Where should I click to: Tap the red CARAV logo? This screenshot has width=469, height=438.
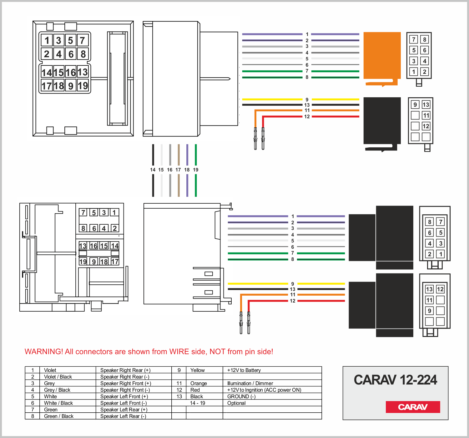[x=413, y=407]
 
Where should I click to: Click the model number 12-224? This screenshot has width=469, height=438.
[x=418, y=380]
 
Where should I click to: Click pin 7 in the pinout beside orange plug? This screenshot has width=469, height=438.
[x=414, y=39]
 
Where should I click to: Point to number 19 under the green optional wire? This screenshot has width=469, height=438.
[x=196, y=170]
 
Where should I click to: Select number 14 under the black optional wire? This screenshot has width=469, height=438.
[x=153, y=170]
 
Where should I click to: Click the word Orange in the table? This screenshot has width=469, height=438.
[x=199, y=383]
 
